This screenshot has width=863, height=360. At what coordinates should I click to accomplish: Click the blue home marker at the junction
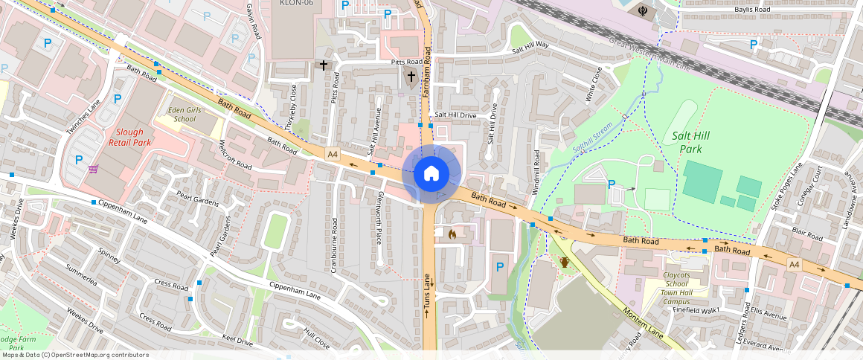pyautogui.click(x=431, y=174)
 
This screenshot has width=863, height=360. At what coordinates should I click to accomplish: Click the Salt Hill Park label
pyautogui.click(x=687, y=142)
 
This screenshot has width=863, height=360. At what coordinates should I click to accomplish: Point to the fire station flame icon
pyautogui.click(x=452, y=234)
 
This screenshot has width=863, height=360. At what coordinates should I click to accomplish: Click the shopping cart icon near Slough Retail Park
pyautogui.click(x=94, y=170)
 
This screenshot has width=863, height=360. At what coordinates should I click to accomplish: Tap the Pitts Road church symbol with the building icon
pyautogui.click(x=411, y=76)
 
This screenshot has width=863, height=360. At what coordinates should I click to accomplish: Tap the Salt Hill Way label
pyautogui.click(x=530, y=48)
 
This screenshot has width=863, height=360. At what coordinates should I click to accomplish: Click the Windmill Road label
pyautogui.click(x=536, y=173)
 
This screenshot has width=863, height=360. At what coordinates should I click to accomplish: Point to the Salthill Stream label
pyautogui.click(x=592, y=138)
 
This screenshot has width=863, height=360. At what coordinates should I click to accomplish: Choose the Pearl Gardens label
pyautogui.click(x=197, y=202)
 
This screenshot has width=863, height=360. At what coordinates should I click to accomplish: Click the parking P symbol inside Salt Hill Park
pyautogui.click(x=612, y=184)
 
